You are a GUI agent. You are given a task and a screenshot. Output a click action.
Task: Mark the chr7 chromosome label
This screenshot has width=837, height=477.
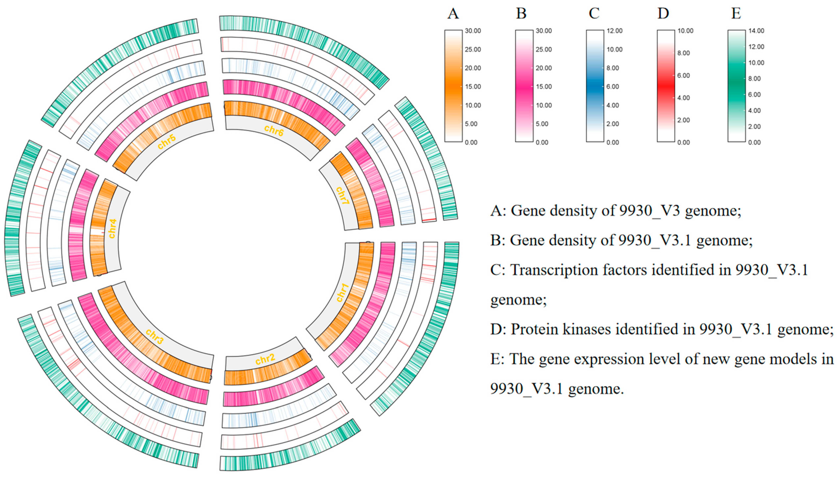tap(342, 196)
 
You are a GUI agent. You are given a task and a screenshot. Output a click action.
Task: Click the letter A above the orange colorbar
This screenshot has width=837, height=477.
tap(453, 14)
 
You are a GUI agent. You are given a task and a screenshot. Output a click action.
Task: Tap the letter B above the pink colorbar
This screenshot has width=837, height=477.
tap(521, 14)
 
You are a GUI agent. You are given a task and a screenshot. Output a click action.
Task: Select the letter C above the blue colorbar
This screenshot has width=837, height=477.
tap(594, 14)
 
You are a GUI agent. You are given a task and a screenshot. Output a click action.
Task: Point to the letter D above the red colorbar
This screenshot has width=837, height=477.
tap(663, 14)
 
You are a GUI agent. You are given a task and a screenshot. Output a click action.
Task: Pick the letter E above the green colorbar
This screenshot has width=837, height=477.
tap(736, 14)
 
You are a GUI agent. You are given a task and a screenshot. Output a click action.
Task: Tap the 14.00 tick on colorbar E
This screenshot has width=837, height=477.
tap(756, 31)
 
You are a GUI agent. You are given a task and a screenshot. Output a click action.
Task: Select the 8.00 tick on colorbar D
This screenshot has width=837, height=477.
tap(683, 53)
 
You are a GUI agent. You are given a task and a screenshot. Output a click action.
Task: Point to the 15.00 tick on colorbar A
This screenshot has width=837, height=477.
tap(473, 87)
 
